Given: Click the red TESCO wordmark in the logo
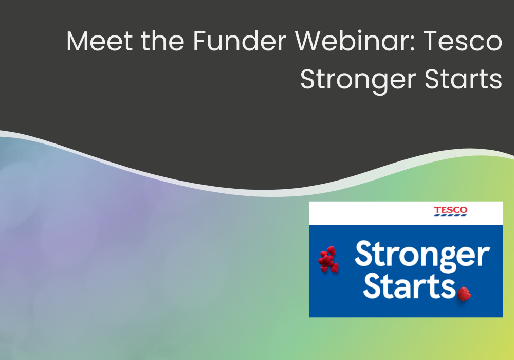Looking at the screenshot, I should point(451,210).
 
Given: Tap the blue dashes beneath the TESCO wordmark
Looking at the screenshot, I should point(451,215).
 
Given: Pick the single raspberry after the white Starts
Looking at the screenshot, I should point(464,293).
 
